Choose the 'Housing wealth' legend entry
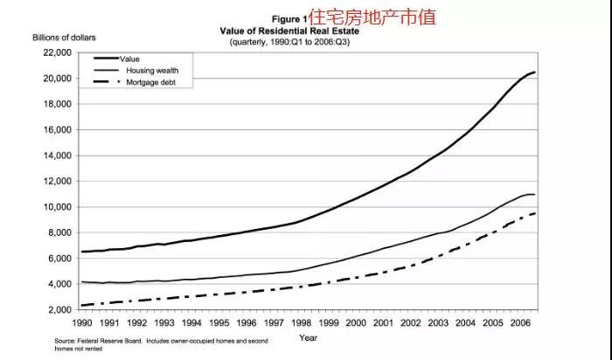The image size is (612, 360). pyautogui.click(x=153, y=70)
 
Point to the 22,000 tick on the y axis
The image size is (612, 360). pyautogui.click(x=56, y=52)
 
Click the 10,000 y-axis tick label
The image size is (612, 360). pyautogui.click(x=56, y=207)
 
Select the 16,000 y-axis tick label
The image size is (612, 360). pyautogui.click(x=56, y=130)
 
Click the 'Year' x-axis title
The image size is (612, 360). pyautogui.click(x=308, y=336)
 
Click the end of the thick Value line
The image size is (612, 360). pyautogui.click(x=534, y=72)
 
